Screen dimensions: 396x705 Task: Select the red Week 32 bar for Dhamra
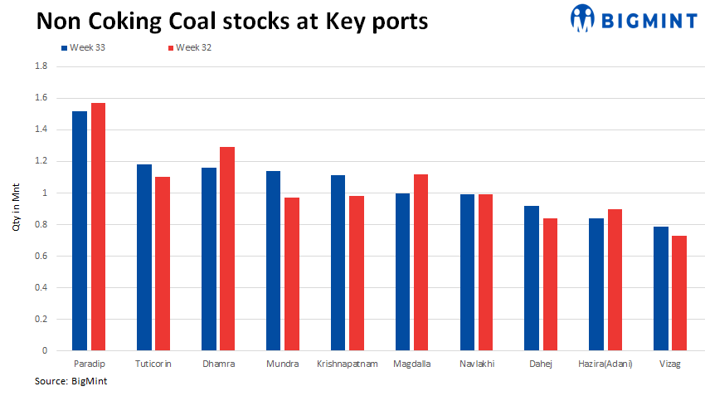[227, 249]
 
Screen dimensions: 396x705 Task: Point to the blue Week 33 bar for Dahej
[532, 278]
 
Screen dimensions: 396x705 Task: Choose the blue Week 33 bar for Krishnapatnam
[338, 263]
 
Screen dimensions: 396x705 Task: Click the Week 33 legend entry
[87, 47]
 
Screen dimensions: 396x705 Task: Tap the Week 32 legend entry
[194, 47]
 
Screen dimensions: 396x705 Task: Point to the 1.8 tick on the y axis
[41, 66]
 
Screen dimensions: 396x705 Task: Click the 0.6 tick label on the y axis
[41, 256]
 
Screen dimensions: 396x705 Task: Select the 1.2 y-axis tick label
[41, 161]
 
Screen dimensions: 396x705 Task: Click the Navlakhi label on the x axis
[478, 364]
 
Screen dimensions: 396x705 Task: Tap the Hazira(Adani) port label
[605, 364]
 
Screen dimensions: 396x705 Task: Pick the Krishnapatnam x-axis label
[348, 364]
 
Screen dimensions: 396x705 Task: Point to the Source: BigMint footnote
[71, 381]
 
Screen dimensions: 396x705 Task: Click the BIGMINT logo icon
[582, 17]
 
